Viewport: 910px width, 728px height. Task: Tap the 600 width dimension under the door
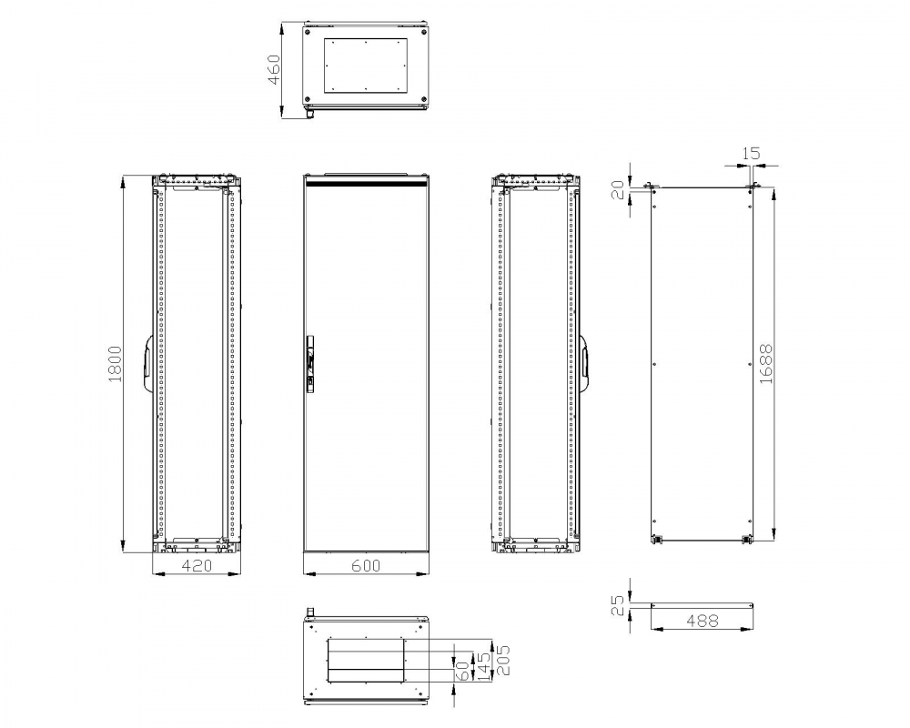[365, 566]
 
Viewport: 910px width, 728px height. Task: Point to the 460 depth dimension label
[274, 69]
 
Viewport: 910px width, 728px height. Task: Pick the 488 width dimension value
[702, 621]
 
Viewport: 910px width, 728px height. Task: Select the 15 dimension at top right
[751, 154]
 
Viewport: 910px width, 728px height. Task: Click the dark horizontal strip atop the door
[365, 182]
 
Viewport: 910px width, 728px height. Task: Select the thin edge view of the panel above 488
[702, 604]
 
